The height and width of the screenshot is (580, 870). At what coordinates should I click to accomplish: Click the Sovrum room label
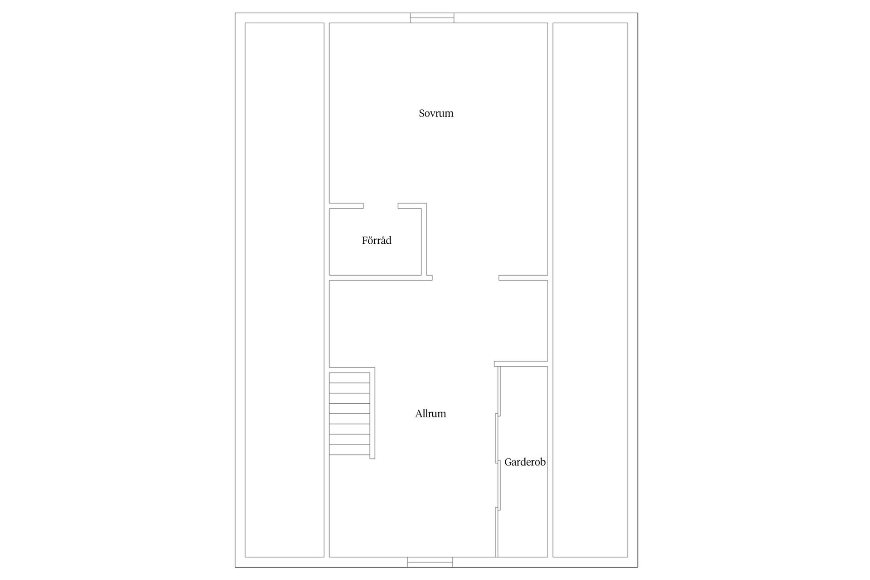click(436, 113)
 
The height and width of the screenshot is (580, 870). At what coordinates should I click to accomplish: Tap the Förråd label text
click(377, 240)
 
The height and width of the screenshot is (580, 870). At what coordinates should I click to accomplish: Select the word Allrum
click(430, 414)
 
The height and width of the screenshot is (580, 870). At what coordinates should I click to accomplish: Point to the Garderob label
click(525, 462)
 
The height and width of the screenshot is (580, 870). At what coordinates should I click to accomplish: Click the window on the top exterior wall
click(432, 18)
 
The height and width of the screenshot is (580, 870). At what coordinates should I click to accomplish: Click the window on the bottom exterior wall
click(430, 562)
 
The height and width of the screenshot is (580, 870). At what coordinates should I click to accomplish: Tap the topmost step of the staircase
click(349, 377)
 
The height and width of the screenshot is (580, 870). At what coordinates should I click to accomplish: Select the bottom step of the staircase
click(349, 449)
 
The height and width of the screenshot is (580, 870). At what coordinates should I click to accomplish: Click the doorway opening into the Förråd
click(381, 206)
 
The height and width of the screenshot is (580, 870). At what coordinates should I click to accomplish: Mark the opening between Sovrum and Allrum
click(465, 278)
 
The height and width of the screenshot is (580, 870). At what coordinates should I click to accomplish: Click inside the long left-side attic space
click(285, 290)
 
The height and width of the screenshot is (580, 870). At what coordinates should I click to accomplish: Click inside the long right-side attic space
click(590, 290)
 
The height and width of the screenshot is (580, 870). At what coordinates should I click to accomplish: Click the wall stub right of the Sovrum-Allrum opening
click(523, 278)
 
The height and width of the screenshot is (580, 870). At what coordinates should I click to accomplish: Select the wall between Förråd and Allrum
click(381, 278)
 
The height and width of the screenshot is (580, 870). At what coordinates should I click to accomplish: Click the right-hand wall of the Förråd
click(424, 239)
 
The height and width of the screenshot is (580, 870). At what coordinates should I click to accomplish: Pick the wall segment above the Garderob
click(521, 364)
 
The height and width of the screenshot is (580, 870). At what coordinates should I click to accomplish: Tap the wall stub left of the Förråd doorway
click(346, 206)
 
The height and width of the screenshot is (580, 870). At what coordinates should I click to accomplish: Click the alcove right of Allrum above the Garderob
click(523, 321)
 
